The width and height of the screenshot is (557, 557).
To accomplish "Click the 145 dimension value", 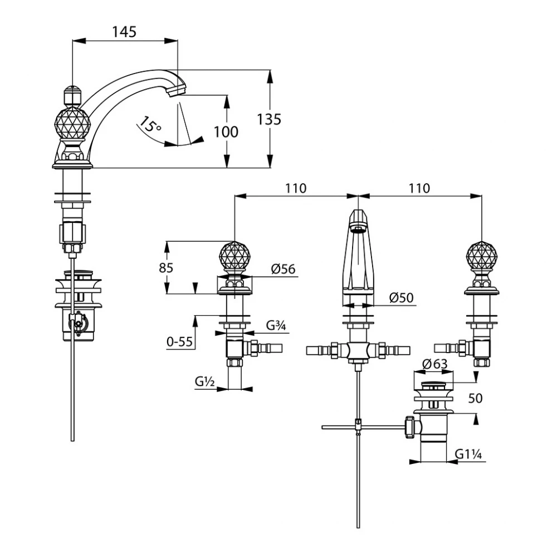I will (124, 32).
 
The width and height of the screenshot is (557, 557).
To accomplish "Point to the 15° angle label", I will (150, 124).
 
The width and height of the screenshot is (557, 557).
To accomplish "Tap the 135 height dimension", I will (269, 119).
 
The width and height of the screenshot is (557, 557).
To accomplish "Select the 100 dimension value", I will (226, 131).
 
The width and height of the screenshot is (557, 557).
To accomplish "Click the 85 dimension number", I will (166, 267).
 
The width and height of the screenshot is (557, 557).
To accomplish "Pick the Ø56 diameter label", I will (284, 269).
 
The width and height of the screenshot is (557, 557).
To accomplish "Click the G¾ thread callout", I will (276, 326).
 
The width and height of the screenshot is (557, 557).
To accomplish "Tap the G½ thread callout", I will (206, 382).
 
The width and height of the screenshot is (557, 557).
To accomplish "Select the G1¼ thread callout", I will (467, 454).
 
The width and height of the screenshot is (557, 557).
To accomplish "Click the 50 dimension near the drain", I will (475, 398).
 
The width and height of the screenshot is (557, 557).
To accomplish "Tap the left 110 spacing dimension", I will (295, 188).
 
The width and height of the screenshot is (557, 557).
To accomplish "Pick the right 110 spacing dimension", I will (419, 188).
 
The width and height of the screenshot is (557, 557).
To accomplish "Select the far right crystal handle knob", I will (481, 257).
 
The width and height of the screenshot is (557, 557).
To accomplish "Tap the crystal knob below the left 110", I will (234, 257).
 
